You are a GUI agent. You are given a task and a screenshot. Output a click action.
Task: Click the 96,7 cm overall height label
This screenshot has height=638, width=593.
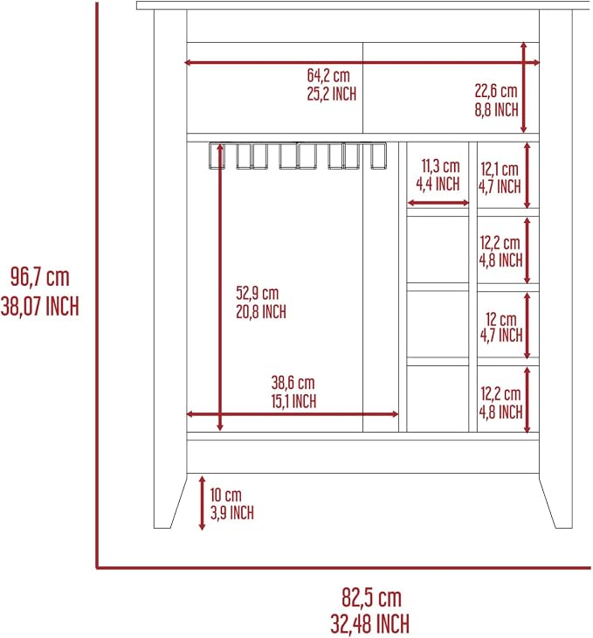(40, 277)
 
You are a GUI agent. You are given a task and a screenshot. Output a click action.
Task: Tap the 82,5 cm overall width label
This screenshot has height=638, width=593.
(371, 598)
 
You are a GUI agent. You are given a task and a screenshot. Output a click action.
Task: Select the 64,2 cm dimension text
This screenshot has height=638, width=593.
(328, 75)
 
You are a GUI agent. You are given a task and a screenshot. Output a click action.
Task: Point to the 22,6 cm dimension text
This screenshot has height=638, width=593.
(496, 91)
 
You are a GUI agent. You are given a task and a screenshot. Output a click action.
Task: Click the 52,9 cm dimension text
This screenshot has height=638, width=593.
(258, 293)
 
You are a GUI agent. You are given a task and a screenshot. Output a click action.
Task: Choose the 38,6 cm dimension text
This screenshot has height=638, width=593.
(293, 383)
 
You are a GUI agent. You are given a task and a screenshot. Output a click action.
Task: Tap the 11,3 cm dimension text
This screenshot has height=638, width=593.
(440, 166)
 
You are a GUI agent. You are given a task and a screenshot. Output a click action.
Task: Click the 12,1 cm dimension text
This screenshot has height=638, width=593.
(500, 169)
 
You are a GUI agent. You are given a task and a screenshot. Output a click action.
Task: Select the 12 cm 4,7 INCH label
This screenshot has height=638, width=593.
(501, 328)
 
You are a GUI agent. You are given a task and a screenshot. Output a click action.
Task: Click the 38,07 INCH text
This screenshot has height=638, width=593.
(40, 307)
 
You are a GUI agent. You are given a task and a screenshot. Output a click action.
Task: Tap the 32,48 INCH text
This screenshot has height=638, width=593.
(369, 624)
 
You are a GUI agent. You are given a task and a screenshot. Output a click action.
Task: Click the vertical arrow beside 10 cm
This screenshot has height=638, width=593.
(202, 503)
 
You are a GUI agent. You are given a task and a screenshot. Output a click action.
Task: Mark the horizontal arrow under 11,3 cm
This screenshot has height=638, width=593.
(438, 203)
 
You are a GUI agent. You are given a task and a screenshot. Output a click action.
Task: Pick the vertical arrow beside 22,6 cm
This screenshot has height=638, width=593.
(524, 87)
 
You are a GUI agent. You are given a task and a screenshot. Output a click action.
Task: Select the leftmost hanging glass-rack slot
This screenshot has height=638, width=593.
(217, 156)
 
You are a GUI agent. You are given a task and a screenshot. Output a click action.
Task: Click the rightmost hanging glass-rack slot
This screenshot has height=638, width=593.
(378, 156)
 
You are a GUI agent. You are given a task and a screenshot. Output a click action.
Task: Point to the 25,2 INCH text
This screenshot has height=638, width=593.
(332, 94)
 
